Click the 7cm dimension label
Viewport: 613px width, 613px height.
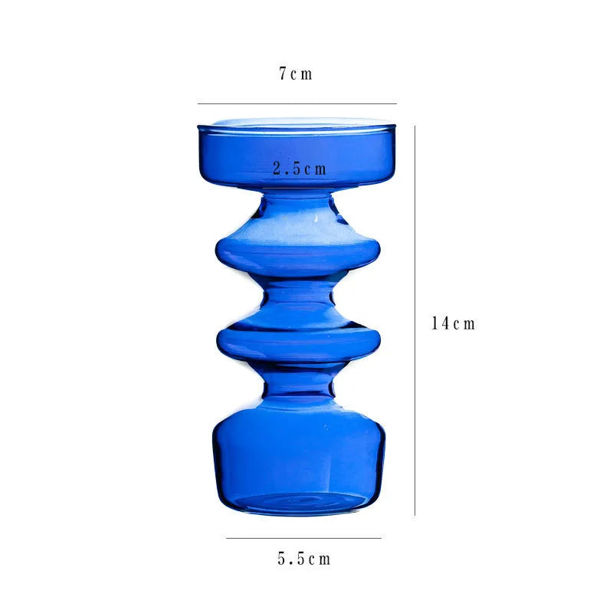296,74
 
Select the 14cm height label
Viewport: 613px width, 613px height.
454,323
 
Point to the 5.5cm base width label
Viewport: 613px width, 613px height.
303,559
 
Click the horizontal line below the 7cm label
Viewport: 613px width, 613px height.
297,103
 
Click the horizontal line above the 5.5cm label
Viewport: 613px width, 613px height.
303,538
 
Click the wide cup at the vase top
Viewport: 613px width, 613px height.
298,153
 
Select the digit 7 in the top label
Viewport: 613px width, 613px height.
283,74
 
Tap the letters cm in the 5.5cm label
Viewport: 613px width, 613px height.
320,559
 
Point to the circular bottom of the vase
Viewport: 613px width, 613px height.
298,502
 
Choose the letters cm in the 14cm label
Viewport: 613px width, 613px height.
464,323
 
